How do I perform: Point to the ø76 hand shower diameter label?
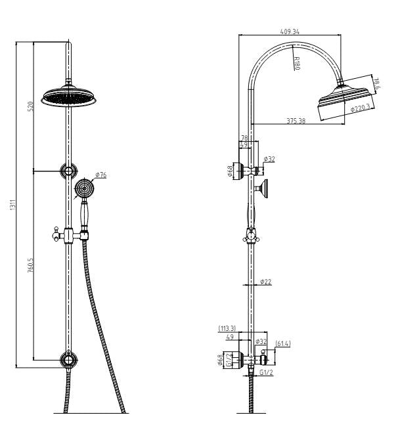pos(101,175)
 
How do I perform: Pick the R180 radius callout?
pos(296,64)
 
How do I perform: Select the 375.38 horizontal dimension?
pos(296,121)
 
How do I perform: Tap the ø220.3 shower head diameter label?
pos(361,108)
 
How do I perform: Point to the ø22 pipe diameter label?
pos(265,281)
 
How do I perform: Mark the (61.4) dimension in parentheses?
pos(283,343)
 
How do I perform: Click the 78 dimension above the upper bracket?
pos(244,138)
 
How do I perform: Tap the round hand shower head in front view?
pos(83,188)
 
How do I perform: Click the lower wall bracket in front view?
pos(68,359)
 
